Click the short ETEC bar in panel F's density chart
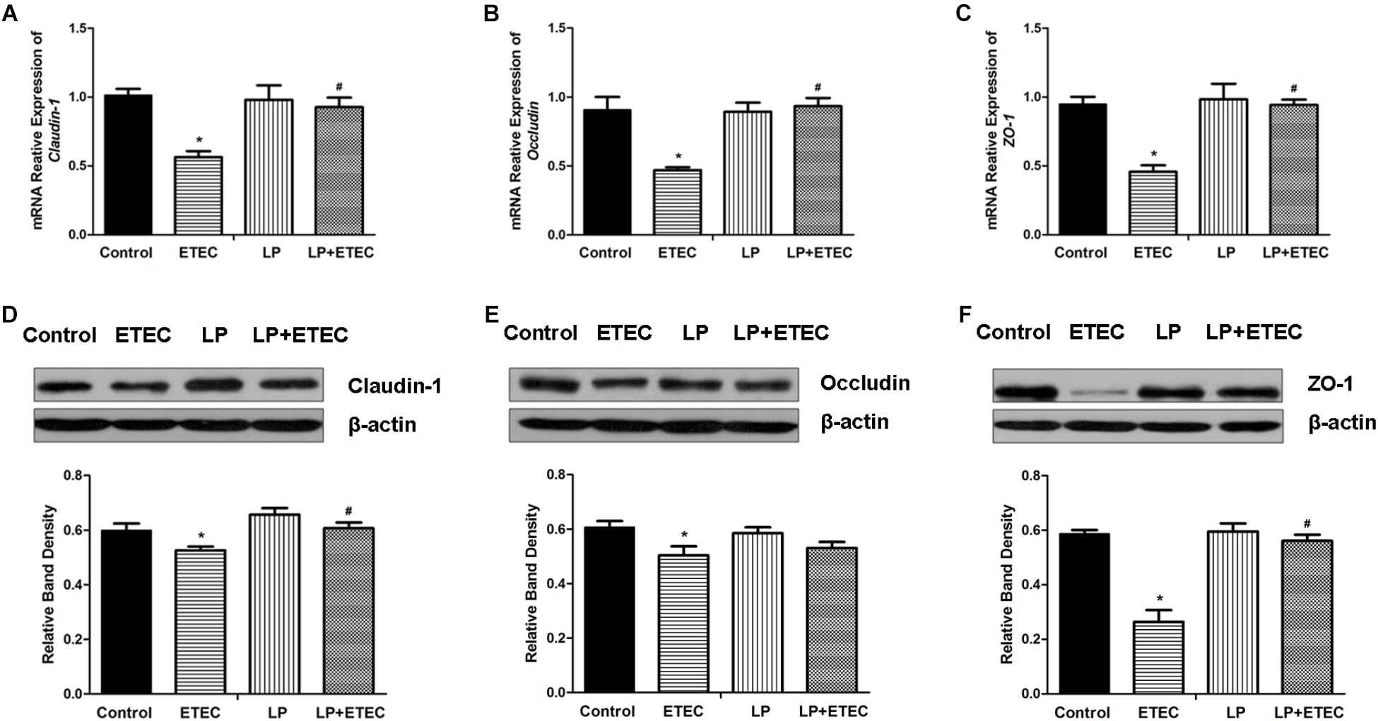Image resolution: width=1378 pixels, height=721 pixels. click(x=1159, y=660)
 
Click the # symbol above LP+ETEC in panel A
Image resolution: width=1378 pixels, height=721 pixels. click(x=339, y=88)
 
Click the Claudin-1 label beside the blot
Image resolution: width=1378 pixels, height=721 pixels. click(x=394, y=386)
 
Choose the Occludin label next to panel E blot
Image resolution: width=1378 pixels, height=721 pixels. click(x=865, y=383)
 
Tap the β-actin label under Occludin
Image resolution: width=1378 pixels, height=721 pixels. click(x=854, y=422)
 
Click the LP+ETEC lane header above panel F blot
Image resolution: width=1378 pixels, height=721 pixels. click(x=1254, y=331)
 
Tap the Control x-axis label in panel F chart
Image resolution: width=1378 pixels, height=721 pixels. click(x=1082, y=713)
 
